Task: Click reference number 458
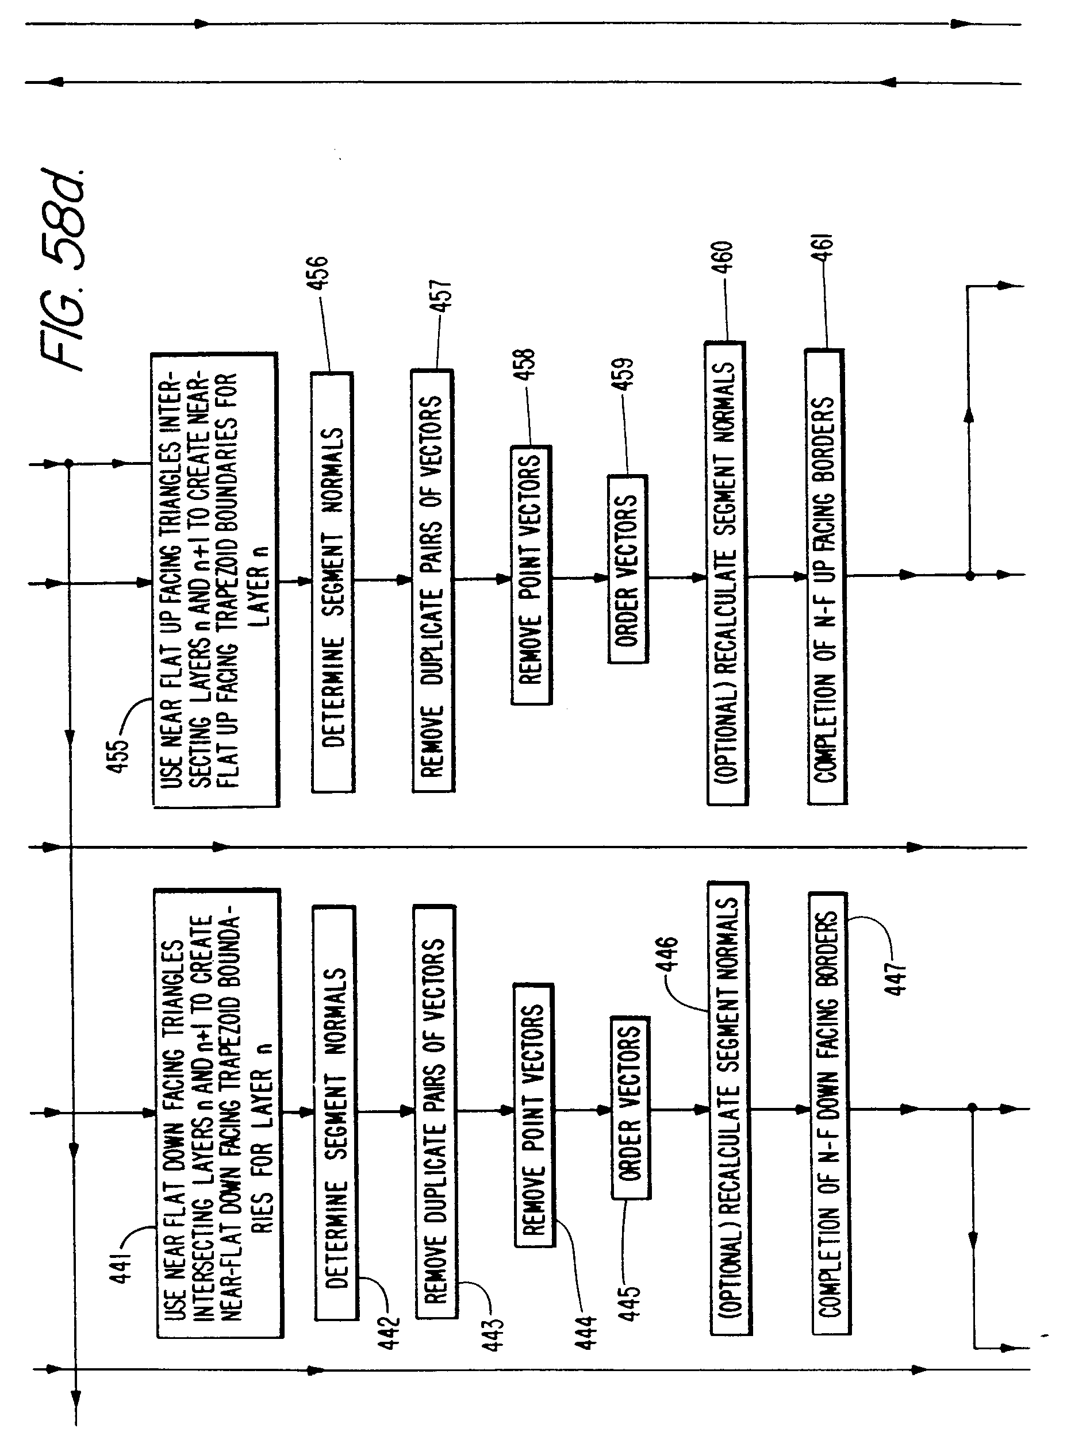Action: (x=527, y=364)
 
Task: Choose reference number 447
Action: (x=896, y=979)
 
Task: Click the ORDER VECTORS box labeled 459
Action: (x=628, y=569)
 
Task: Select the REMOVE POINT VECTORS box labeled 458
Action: (x=532, y=575)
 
